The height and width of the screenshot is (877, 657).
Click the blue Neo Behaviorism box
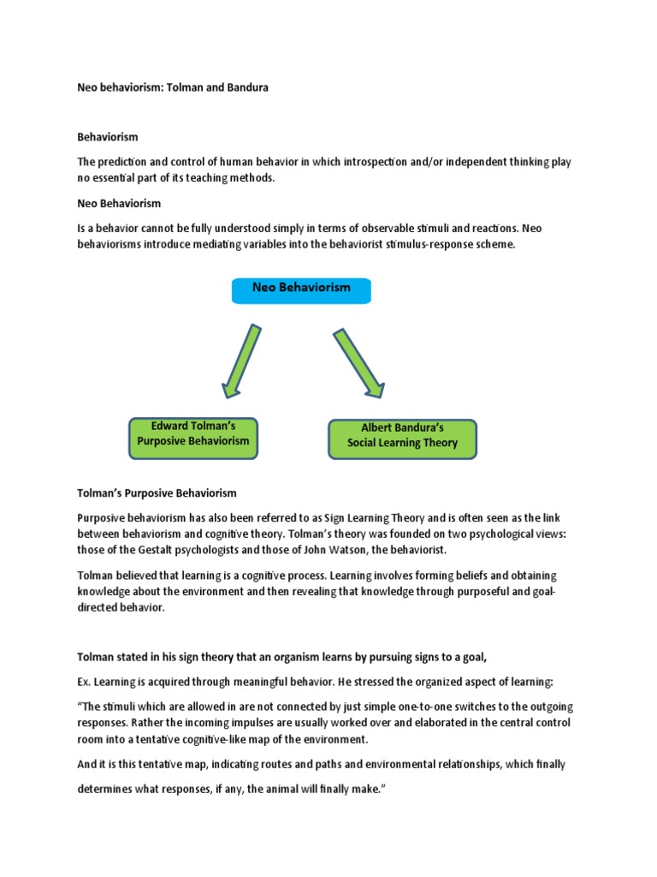pyautogui.click(x=301, y=289)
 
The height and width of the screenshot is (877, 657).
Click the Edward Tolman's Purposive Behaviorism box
pyautogui.click(x=192, y=433)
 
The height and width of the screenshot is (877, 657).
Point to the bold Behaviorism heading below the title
pyautogui.click(x=107, y=137)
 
